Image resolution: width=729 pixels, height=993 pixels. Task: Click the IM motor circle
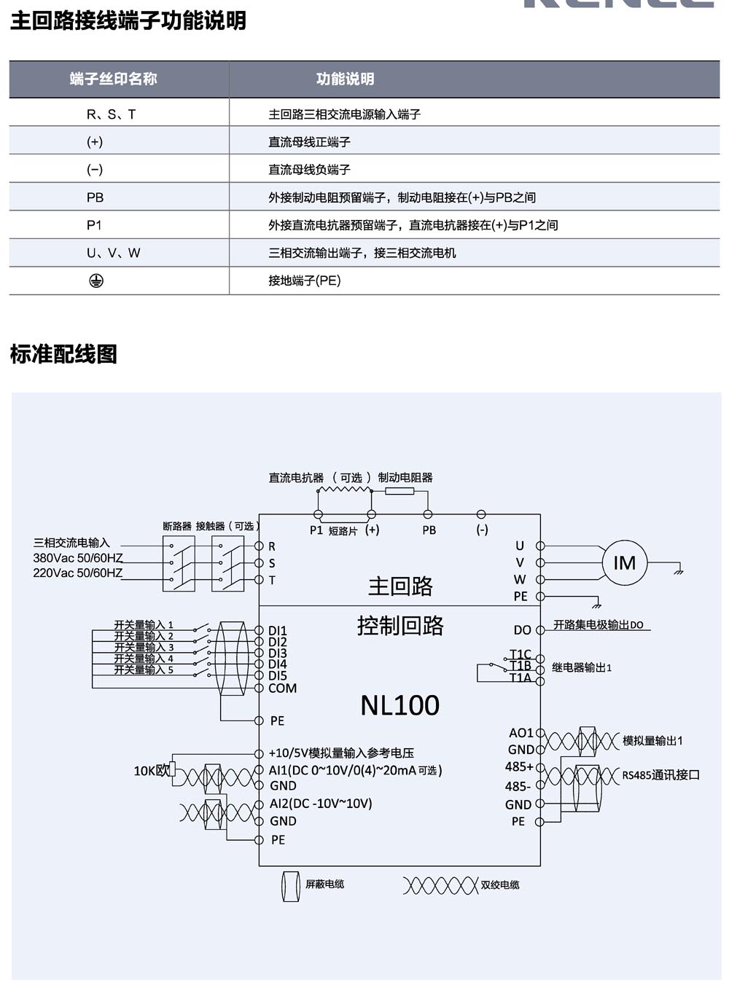coord(624,563)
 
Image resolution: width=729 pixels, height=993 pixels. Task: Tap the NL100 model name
coord(399,705)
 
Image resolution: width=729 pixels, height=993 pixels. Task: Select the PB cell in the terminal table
coord(95,197)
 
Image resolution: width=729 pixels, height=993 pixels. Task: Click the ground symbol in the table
coord(95,280)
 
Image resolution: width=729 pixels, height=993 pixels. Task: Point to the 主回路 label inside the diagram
coord(400,586)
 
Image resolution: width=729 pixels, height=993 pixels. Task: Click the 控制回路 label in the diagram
coord(400,626)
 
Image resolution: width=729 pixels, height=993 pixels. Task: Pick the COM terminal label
coord(282,688)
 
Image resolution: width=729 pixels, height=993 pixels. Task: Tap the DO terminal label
coord(522,630)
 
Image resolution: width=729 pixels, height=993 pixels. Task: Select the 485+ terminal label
coord(519,766)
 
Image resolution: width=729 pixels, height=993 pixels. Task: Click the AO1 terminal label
coord(521,733)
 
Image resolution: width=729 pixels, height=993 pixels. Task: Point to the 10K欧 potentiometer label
coord(151,770)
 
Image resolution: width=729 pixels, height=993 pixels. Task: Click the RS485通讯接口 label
coord(660,775)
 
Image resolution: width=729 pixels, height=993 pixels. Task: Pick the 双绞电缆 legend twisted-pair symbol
coord(440,886)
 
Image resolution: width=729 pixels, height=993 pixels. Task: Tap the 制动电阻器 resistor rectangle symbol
coord(399,492)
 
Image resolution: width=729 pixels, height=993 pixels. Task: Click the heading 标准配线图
coord(63,355)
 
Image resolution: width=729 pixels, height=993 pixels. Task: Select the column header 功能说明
coord(345,79)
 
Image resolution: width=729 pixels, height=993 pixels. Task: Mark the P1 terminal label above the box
coord(316,530)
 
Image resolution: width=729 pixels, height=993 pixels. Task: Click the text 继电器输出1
coord(581,667)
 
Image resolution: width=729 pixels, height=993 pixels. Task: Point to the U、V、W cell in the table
coord(113,253)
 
